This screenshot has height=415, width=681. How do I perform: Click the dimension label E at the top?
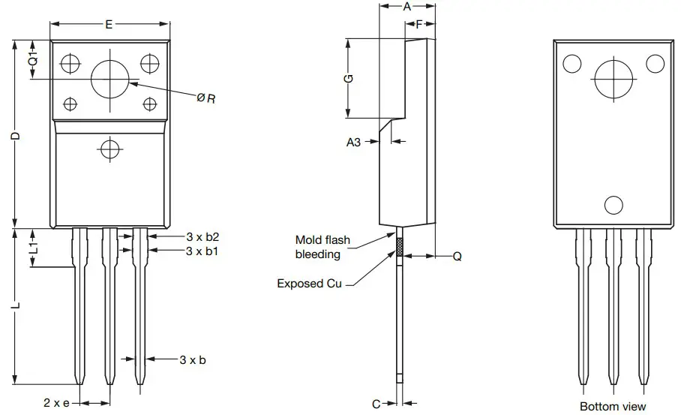click(x=109, y=25)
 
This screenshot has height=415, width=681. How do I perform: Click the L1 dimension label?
click(x=33, y=248)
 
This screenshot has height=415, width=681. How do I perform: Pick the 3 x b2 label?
click(x=202, y=236)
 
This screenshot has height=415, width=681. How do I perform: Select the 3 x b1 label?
click(x=202, y=251)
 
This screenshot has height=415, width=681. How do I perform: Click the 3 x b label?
click(x=193, y=359)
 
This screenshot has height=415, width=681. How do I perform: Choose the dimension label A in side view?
click(x=407, y=7)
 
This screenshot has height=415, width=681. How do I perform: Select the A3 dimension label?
click(x=353, y=141)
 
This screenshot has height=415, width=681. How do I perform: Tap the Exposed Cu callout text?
click(x=309, y=284)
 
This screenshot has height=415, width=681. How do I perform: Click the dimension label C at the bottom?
click(x=376, y=404)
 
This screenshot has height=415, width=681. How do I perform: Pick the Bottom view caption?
click(x=613, y=406)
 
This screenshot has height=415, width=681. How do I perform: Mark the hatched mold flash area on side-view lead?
click(x=400, y=248)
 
